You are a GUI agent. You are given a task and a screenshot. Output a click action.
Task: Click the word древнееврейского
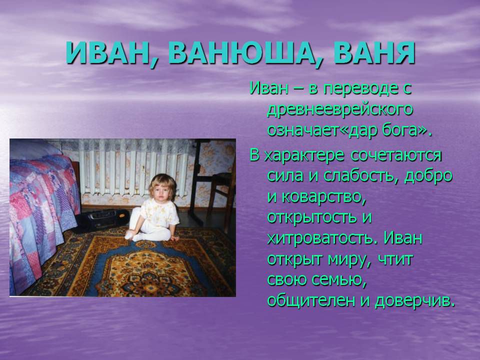coord(340,110)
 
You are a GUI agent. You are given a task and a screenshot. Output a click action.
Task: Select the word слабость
coord(361,176)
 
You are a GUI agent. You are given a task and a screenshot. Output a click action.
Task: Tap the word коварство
coord(324,197)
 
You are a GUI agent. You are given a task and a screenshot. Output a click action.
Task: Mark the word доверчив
coord(415,300)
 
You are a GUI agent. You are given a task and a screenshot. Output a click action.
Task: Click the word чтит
coord(395,259)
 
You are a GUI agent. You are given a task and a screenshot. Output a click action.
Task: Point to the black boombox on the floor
coord(102,218)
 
